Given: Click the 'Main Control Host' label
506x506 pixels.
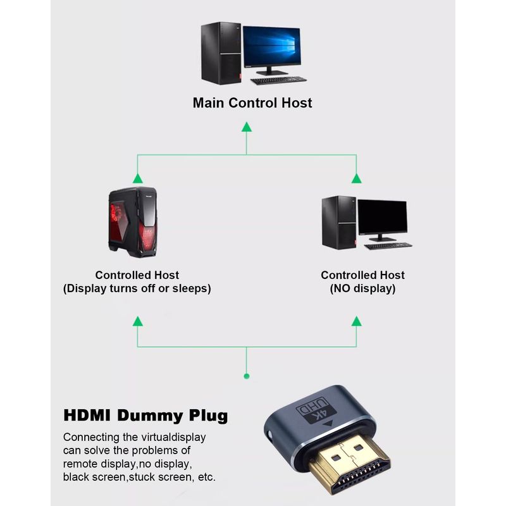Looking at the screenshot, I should (252, 102).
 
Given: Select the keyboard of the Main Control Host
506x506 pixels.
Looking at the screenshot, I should (278, 80).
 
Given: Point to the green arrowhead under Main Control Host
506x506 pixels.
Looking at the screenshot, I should (247, 127).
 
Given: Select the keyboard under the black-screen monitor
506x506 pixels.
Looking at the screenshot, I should (388, 245).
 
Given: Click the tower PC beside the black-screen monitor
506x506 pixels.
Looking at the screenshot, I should (338, 222).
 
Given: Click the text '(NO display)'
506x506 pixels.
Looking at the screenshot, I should (362, 288).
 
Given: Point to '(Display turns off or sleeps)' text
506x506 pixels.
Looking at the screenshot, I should (137, 288).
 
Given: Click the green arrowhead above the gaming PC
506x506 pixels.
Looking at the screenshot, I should (137, 179).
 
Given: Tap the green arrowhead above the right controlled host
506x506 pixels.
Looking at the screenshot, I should (357, 179).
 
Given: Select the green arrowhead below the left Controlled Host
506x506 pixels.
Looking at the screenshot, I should (137, 321).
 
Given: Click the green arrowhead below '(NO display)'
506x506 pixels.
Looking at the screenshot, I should (357, 321).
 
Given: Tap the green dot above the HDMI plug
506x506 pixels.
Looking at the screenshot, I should (247, 376).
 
